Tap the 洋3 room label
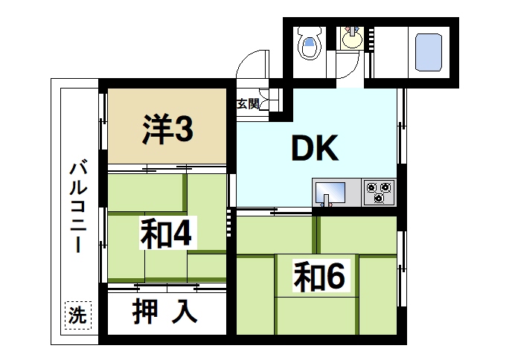click(168, 131)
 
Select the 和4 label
click(167, 235)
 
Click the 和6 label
click(319, 277)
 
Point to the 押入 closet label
click(165, 312)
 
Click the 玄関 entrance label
click(248, 104)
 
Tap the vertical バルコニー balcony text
click(76, 208)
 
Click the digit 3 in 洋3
click(185, 131)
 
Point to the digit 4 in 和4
click(183, 235)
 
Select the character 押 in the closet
click(146, 312)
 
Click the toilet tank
click(307, 34)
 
